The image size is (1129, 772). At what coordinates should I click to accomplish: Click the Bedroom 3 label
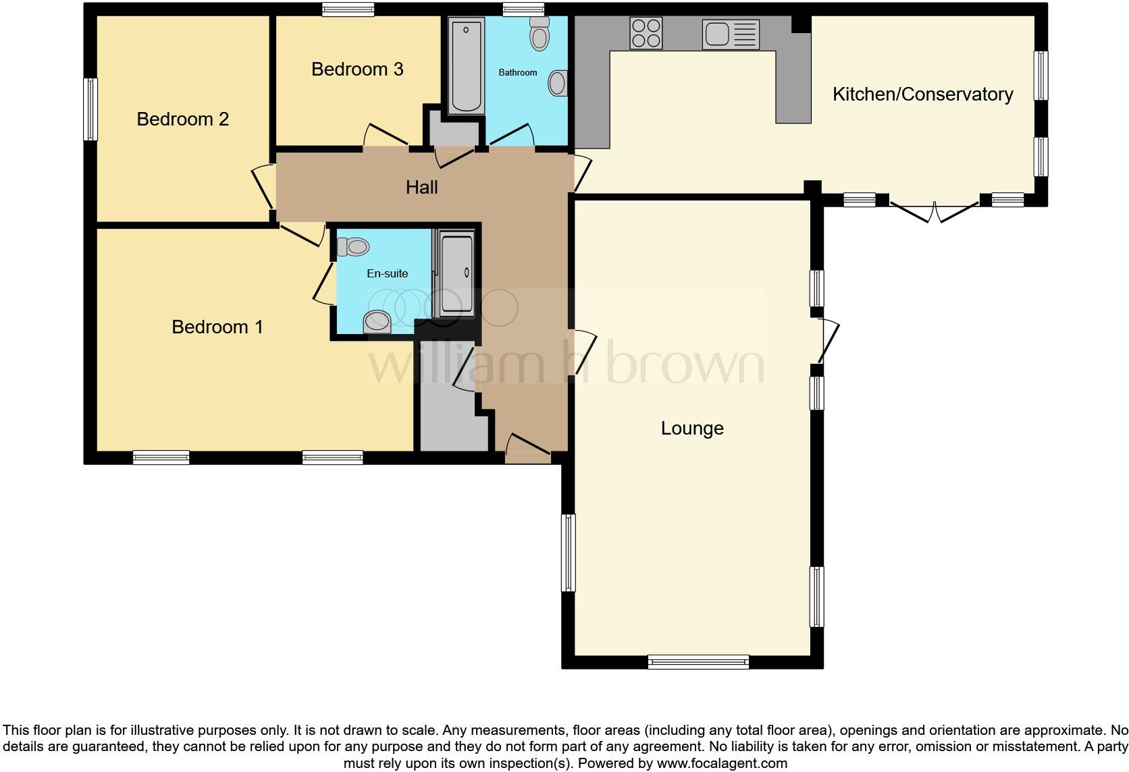pos(357,70)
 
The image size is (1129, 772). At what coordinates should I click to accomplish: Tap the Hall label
pos(421,188)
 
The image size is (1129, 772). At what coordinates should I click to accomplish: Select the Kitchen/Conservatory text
pos(922,94)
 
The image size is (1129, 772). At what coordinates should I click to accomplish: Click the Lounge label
pos(692,429)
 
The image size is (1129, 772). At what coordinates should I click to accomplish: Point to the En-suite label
pos(387,273)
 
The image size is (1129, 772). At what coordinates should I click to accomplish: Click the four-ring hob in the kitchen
pos(646,33)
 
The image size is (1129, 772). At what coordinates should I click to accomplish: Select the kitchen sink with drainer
pos(731,34)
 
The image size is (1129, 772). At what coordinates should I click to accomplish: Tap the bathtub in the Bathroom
pos(466,65)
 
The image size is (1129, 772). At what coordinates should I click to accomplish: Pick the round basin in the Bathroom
pos(558,84)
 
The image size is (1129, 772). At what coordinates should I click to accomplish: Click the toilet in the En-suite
pos(353,247)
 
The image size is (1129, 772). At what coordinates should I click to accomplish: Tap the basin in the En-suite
pos(377,322)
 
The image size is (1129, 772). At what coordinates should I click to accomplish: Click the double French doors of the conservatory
pos(934,210)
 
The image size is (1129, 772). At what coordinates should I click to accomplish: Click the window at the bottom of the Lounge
pos(698,662)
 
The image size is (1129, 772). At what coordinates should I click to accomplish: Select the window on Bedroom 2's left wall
pos(90,109)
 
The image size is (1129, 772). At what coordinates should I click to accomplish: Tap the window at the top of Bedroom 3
pos(348,9)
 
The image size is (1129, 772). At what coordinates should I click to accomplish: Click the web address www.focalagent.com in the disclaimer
pos(722,764)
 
